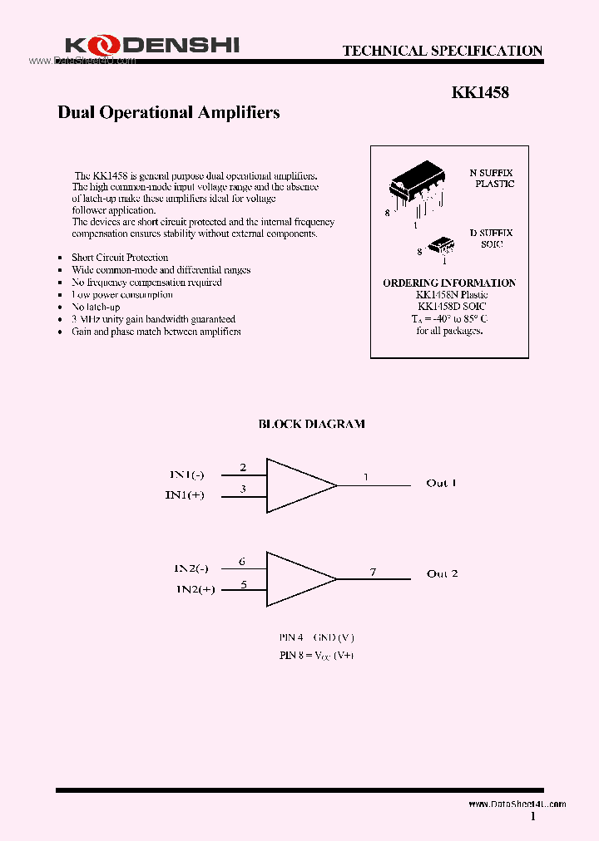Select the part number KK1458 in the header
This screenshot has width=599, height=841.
tap(480, 93)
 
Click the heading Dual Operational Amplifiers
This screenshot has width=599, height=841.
tap(168, 112)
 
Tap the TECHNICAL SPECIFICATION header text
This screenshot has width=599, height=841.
tap(442, 51)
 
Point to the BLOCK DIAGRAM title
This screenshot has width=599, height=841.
tap(311, 424)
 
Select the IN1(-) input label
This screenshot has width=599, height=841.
tap(186, 475)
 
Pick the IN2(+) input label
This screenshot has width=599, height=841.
tap(195, 589)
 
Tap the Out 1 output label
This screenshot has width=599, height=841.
tap(441, 483)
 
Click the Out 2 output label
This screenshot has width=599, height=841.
tap(442, 573)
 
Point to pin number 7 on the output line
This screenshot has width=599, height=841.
tap(373, 572)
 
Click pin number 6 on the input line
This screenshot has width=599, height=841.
tap(242, 562)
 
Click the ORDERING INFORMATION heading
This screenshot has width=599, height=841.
tap(448, 283)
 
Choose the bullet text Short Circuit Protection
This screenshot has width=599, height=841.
tap(120, 258)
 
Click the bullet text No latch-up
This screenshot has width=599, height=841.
tap(96, 307)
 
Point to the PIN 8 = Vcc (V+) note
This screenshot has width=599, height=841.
tap(316, 655)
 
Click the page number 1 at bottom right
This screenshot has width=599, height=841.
tap(533, 817)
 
